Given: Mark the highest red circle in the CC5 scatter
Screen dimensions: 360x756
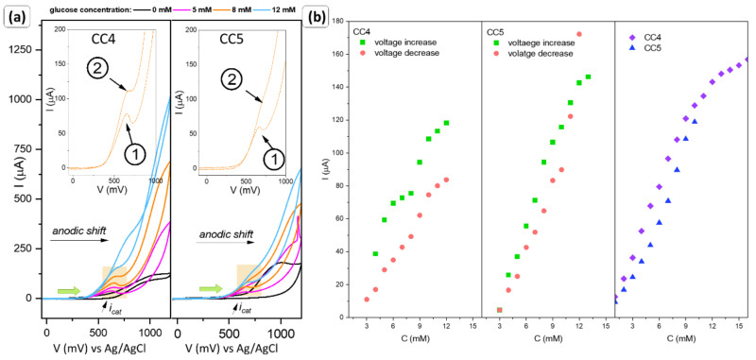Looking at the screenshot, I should pos(579,34).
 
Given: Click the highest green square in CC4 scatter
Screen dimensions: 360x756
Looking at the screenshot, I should pos(446,123).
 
